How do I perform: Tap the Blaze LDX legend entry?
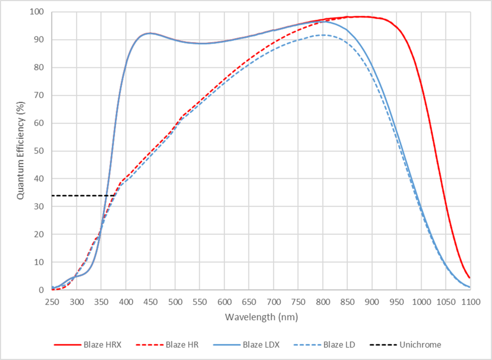coord(259,345)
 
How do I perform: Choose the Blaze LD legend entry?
coord(341,345)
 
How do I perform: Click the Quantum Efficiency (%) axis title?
coord(21,151)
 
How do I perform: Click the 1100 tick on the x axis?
coord(470,302)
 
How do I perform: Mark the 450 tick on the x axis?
coord(150,302)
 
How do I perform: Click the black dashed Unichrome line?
coord(82,195)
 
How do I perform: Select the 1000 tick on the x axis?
coord(421,302)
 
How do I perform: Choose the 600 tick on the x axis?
coord(224,302)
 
